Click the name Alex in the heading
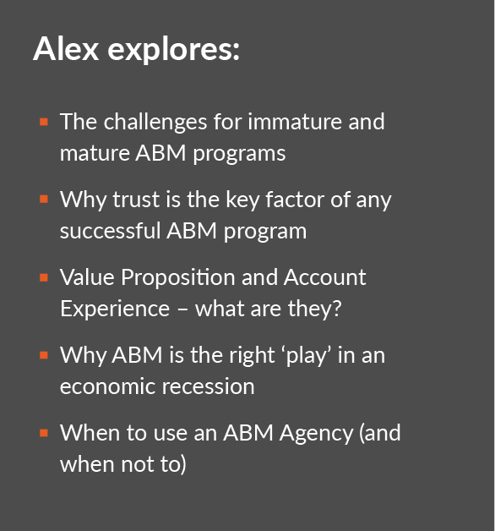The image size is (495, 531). tap(66, 49)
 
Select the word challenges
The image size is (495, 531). tap(155, 123)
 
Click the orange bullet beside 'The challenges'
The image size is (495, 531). tap(44, 122)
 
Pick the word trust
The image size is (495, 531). tap(136, 200)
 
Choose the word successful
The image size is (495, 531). tap(110, 231)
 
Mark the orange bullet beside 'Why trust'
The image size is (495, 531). tap(44, 200)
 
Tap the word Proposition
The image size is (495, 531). tap(178, 278)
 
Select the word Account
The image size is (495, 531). tap(325, 277)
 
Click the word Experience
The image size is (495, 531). tap(115, 309)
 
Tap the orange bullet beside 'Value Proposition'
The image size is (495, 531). tap(44, 277)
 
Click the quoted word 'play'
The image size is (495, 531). tap(308, 356)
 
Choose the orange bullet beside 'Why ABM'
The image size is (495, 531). tap(44, 355)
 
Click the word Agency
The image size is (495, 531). tap(317, 434)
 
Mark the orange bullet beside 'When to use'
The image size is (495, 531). tap(44, 433)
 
